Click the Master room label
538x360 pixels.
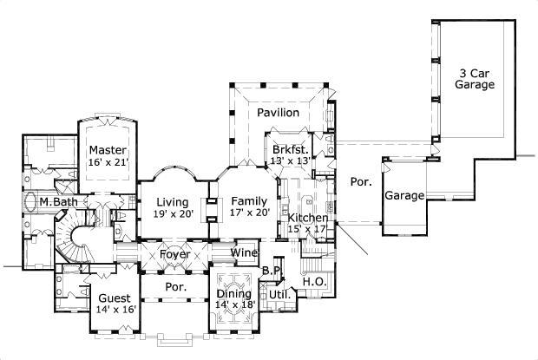pos(108,149)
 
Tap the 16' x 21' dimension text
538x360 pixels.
pos(108,162)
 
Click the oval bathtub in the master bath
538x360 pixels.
pos(33,203)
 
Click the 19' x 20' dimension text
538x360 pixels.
pos(174,213)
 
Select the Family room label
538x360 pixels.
pos(249,200)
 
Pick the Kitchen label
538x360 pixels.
pos(308,218)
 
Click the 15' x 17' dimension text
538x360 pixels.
pos(308,230)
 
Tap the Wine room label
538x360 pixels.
pos(245,253)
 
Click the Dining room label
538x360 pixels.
pos(235,293)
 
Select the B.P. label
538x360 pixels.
pos(271,272)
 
